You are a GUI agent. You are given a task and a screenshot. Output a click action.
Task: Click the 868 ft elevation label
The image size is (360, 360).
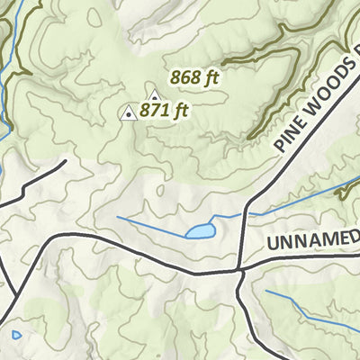(x=194, y=78)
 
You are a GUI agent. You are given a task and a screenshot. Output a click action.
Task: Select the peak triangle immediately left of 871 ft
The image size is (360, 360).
(x=129, y=113)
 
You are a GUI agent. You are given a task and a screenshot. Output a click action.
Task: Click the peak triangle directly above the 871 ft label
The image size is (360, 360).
(x=154, y=95)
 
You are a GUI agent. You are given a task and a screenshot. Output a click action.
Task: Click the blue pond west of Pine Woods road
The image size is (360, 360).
(x=200, y=231)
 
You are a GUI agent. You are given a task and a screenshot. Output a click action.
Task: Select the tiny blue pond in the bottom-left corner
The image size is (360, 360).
(x=16, y=335)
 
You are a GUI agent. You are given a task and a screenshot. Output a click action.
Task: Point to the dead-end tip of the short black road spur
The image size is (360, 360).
(x=66, y=162)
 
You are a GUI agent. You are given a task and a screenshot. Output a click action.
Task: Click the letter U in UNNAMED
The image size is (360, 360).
(x=274, y=244)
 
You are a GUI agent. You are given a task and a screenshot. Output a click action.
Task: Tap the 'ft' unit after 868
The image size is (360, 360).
(x=211, y=78)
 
